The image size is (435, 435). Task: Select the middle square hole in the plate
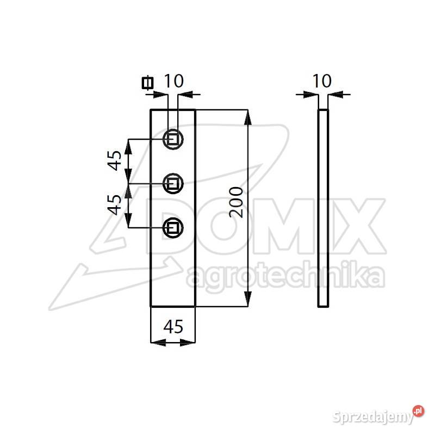coord(173,183)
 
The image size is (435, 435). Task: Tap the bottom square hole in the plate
coord(173,226)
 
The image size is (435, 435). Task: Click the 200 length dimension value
coord(235,202)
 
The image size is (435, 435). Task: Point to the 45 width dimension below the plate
coord(173,327)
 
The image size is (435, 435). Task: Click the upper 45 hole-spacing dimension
coord(115,160)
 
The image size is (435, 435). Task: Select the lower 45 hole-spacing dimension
coord(115,204)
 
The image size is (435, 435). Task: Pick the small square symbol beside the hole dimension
coord(146,83)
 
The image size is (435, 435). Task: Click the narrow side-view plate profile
coord(323,208)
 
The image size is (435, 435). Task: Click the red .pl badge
coord(418,411)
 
